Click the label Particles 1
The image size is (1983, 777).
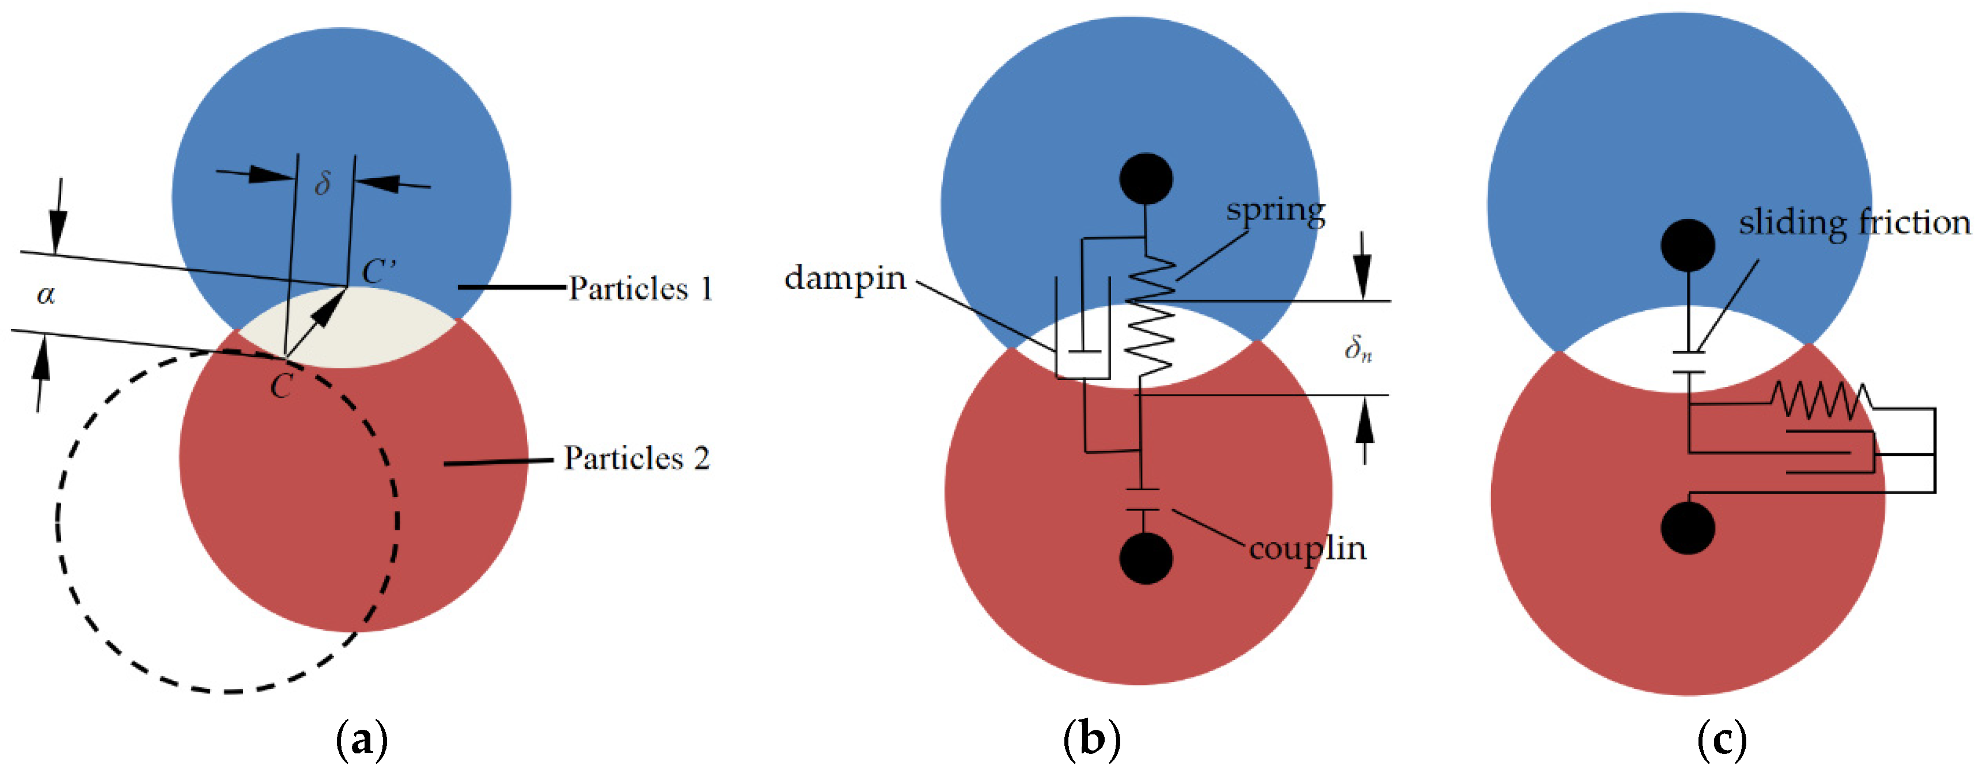pyautogui.click(x=640, y=289)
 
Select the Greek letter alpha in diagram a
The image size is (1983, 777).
pyautogui.click(x=46, y=294)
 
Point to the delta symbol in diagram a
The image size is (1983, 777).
pyautogui.click(x=323, y=183)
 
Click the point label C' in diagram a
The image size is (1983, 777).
pyautogui.click(x=379, y=271)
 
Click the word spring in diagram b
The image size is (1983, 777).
pyautogui.click(x=1276, y=210)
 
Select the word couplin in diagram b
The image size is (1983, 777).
pyautogui.click(x=1307, y=549)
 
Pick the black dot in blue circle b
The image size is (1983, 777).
pyautogui.click(x=1146, y=179)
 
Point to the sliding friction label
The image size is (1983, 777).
pyautogui.click(x=1853, y=223)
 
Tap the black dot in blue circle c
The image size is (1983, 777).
pyautogui.click(x=1688, y=245)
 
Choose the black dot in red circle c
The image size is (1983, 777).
pyautogui.click(x=1688, y=528)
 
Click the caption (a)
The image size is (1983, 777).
pyautogui.click(x=362, y=740)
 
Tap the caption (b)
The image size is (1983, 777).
pyautogui.click(x=1091, y=740)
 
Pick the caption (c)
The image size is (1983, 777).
pyautogui.click(x=1722, y=740)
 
